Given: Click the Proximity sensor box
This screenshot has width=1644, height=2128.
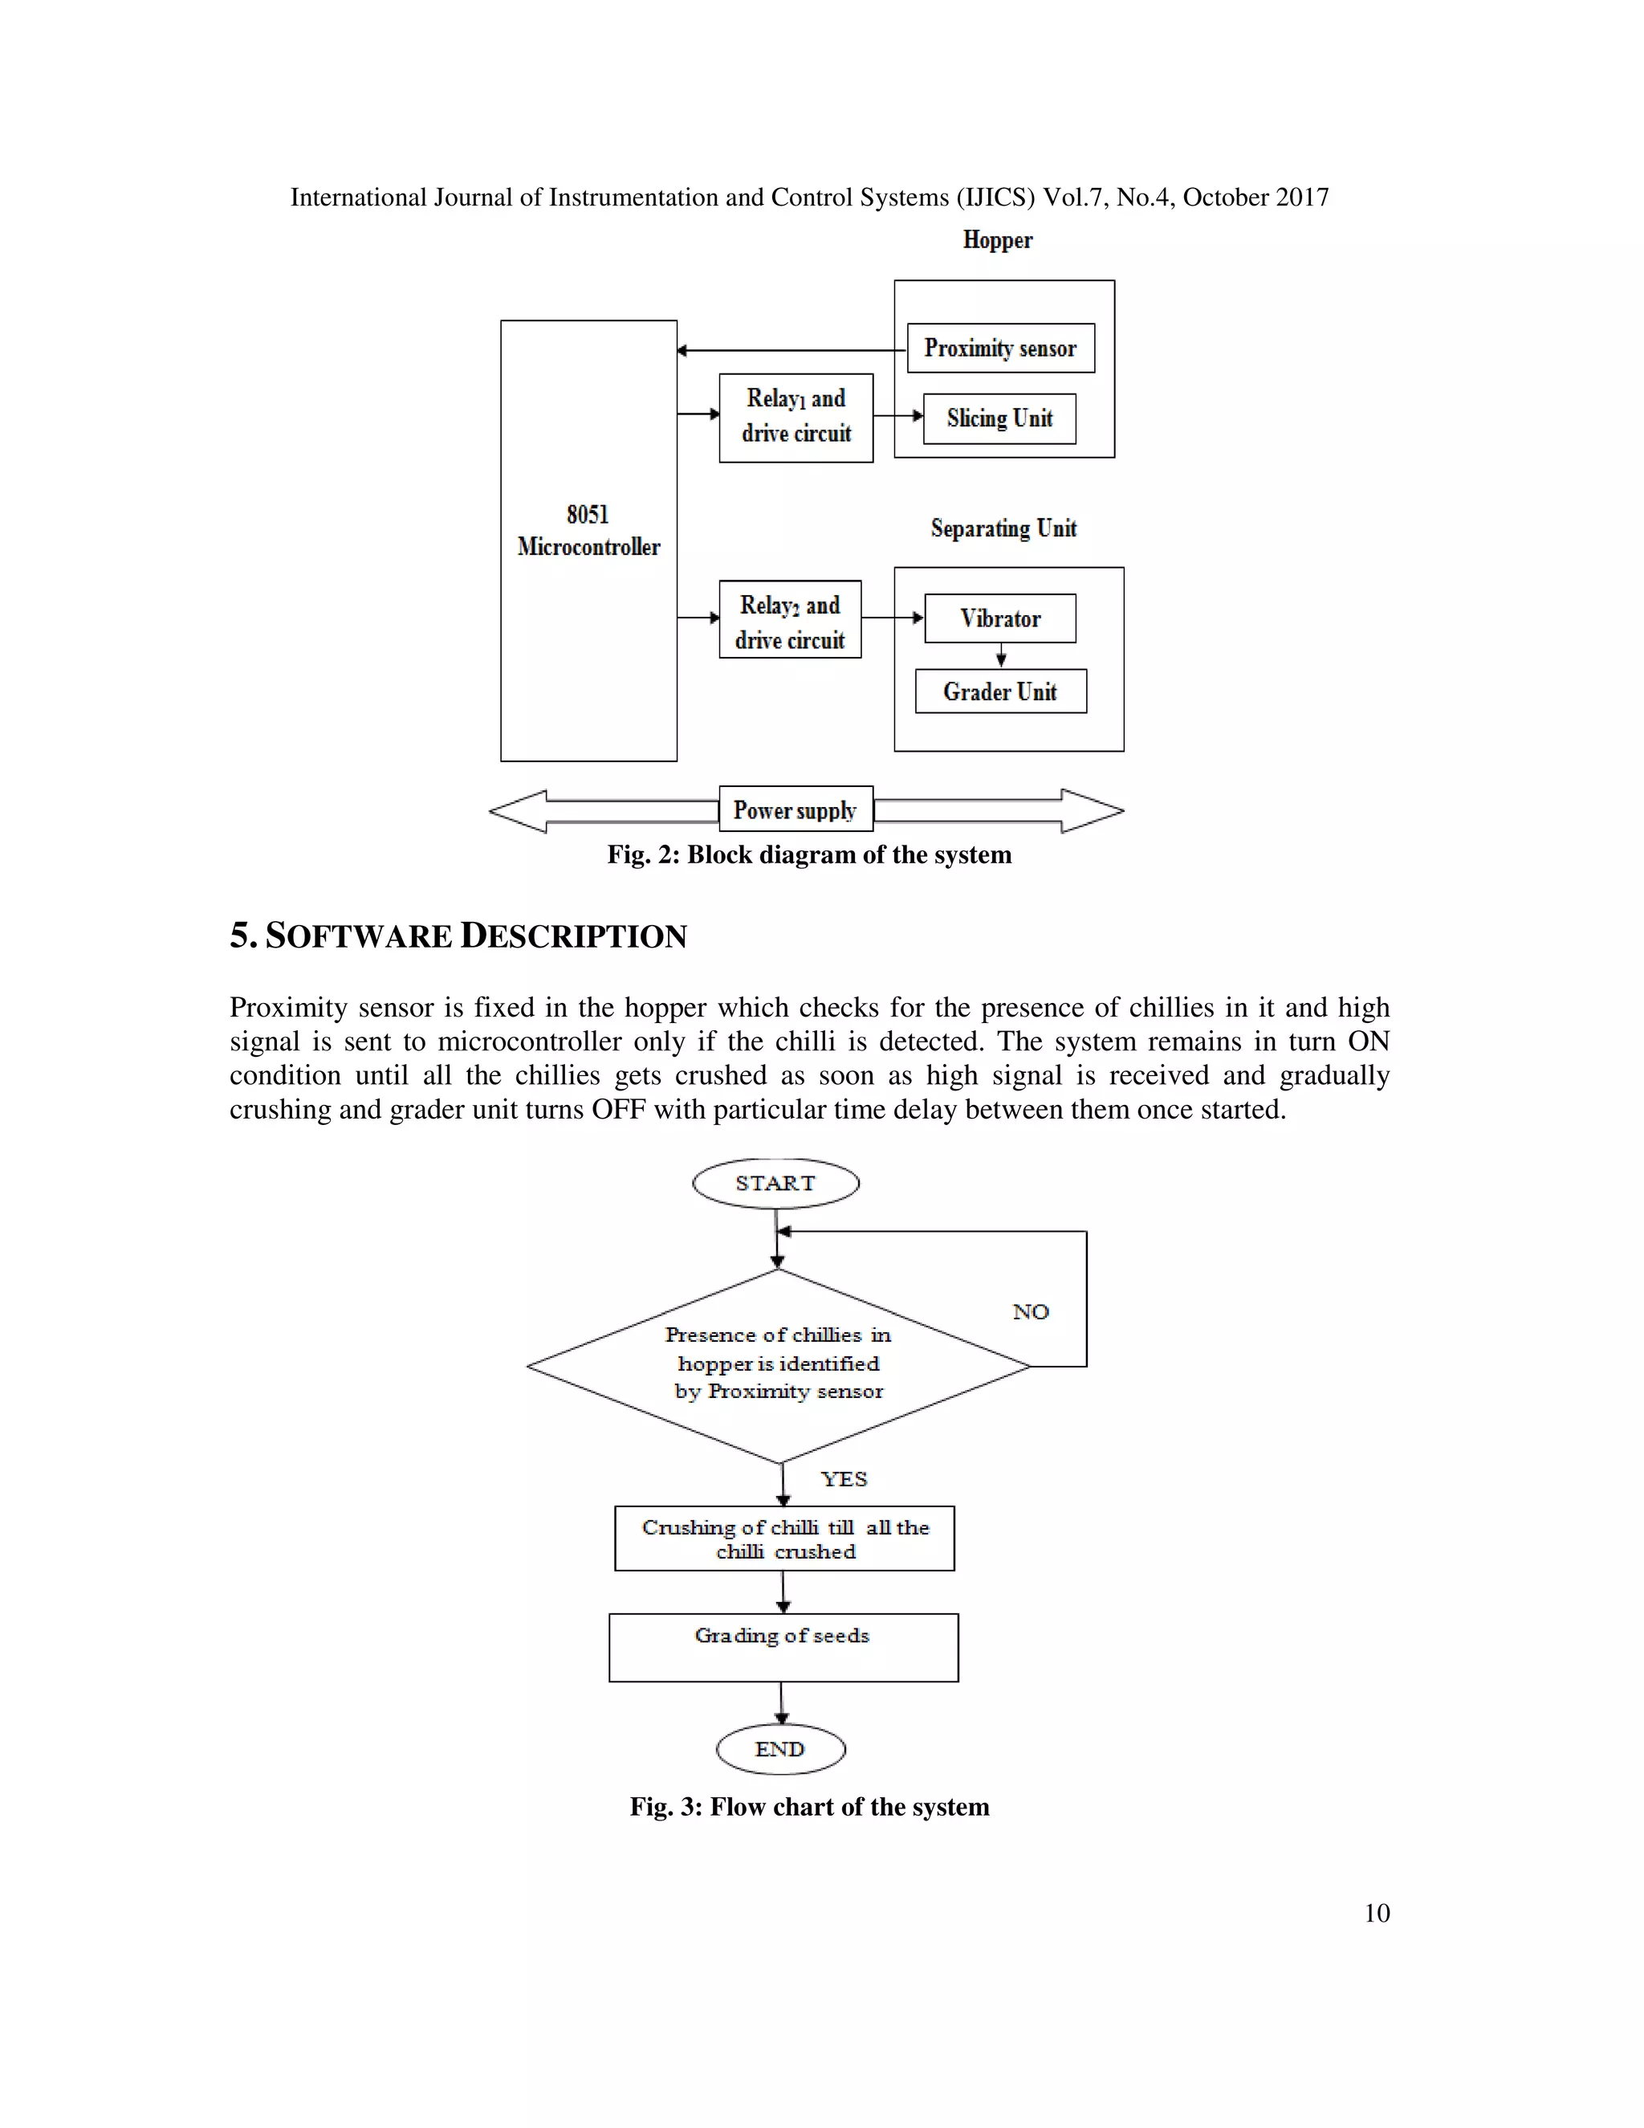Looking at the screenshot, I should click(x=1000, y=348).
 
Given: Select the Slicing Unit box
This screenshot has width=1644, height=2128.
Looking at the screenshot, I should click(x=999, y=419).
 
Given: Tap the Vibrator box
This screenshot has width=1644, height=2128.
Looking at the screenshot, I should click(x=1000, y=618).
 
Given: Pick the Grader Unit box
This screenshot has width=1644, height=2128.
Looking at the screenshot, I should click(x=1000, y=691).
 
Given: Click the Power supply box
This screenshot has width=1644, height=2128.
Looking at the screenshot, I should click(x=796, y=809).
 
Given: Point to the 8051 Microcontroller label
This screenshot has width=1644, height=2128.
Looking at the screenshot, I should click(x=588, y=531).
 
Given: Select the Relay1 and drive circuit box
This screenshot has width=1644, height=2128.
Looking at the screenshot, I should click(x=796, y=417).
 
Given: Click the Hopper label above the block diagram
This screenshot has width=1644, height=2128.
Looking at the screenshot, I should click(x=997, y=239).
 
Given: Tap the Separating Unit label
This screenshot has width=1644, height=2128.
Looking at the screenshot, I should click(x=1003, y=528).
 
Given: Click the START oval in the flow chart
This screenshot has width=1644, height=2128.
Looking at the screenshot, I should click(x=775, y=1184).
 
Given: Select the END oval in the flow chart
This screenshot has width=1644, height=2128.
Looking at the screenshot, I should click(x=780, y=1749).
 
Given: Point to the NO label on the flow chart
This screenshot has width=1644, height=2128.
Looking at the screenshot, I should click(x=1031, y=1311).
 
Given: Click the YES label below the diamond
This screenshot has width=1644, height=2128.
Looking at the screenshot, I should click(x=844, y=1479).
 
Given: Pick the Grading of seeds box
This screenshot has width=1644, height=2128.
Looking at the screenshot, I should click(x=783, y=1648).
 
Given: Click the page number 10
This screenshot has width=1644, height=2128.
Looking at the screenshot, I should click(x=1376, y=1913).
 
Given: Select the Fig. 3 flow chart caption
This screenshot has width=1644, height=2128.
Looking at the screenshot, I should click(x=809, y=1807).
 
